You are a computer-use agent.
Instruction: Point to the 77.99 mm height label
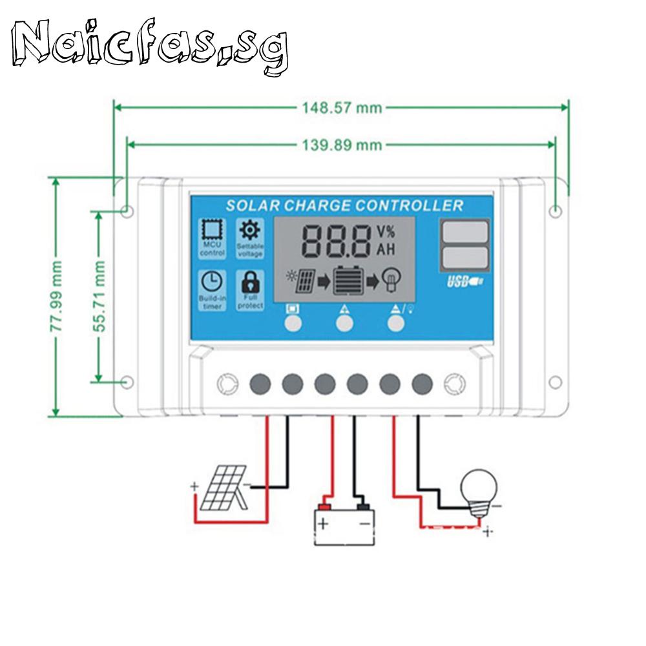(x=57, y=297)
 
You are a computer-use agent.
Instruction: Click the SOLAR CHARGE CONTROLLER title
(x=344, y=205)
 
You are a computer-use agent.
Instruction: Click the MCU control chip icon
(x=212, y=231)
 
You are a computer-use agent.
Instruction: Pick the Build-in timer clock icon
(x=212, y=282)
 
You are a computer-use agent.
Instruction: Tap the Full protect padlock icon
(x=249, y=282)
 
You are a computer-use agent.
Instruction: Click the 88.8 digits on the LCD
(x=336, y=241)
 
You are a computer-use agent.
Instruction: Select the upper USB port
(x=464, y=231)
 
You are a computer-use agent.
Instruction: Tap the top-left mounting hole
(x=127, y=211)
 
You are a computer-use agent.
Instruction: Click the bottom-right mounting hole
(x=556, y=382)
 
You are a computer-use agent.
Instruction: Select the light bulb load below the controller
(x=479, y=491)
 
